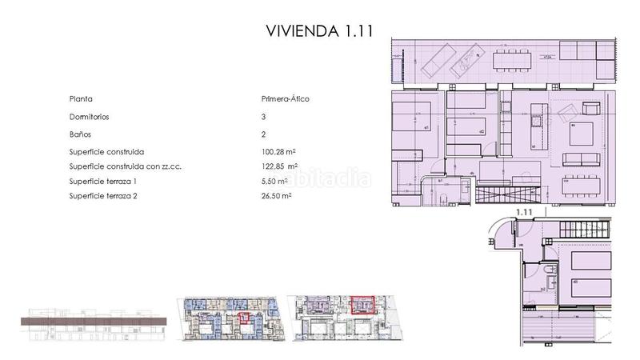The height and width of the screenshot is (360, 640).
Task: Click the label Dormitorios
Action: click(90, 117)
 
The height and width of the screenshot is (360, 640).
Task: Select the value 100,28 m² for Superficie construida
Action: click(279, 152)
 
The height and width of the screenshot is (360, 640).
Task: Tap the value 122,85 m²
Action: click(279, 166)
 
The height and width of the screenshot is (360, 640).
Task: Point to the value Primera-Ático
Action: click(285, 99)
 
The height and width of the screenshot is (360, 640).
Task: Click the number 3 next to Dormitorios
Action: click(263, 117)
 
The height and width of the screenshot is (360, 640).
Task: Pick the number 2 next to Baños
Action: click(263, 134)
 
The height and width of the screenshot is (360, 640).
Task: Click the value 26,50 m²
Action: click(277, 195)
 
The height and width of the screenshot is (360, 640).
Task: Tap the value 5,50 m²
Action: click(274, 181)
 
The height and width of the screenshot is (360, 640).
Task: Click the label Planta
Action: click(81, 99)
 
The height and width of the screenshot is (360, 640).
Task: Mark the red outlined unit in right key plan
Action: click(362, 303)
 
